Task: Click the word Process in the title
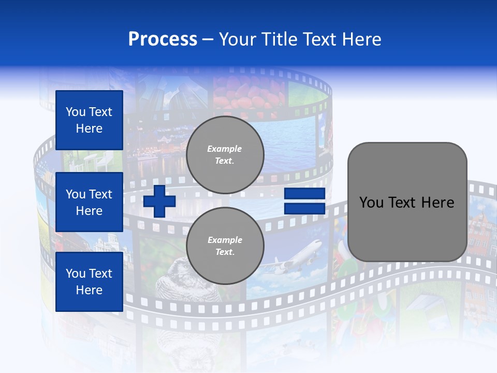[x=163, y=39]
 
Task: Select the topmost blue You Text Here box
[x=89, y=120]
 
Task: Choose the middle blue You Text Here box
[x=89, y=202]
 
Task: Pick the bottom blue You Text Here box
[x=89, y=281]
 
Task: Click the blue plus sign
[x=159, y=201]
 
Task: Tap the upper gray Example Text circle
[x=225, y=155]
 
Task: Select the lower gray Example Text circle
[x=225, y=246]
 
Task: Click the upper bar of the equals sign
[x=304, y=194]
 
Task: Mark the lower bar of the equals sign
[x=304, y=209]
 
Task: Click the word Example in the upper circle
[x=225, y=149]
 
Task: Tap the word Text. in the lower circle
[x=225, y=252]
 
